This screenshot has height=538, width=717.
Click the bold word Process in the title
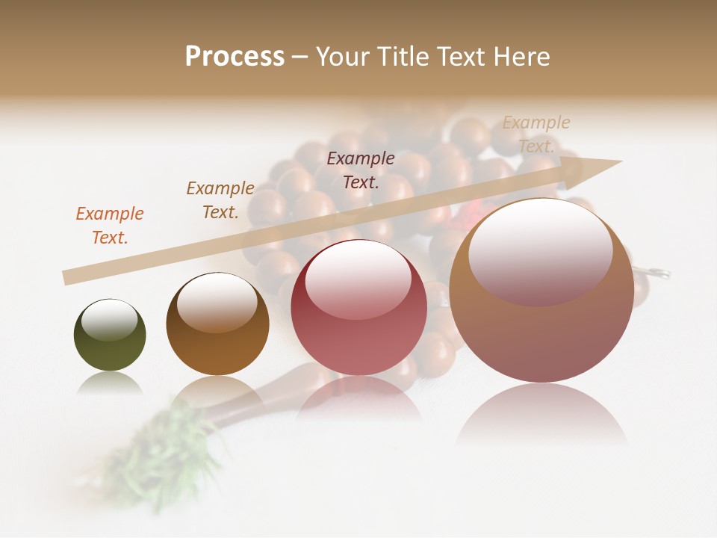(x=235, y=56)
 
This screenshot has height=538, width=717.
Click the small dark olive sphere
(x=110, y=336)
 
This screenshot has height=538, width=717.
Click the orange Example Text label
(x=110, y=225)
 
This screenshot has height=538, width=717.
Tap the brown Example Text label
(x=220, y=200)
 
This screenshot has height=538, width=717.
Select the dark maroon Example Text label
(x=361, y=170)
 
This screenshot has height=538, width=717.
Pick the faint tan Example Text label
(x=536, y=134)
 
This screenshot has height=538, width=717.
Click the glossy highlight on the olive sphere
(x=110, y=319)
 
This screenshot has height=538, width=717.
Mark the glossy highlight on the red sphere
(x=358, y=279)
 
